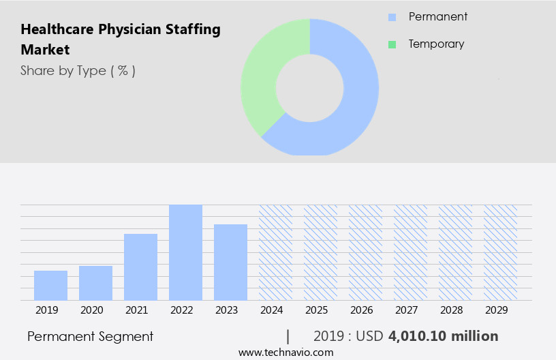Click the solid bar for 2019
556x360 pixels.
coord(50,286)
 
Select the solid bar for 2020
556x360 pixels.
coord(95,283)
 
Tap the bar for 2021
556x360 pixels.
coord(140,267)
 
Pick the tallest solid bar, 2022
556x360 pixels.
coord(185,252)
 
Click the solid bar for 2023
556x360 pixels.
coord(230,262)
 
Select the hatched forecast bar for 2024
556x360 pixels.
coord(275,252)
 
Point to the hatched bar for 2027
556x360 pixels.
coord(410,252)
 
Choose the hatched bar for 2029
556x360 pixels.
coord(500,252)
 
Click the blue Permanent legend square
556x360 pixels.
coord(392,17)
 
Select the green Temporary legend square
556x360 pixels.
coord(392,44)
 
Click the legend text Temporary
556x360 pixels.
coord(436,44)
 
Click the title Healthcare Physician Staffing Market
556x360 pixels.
coord(121,40)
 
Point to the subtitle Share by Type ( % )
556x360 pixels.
coord(78,71)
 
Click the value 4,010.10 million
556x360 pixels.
coord(443,336)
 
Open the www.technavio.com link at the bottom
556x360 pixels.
coord(285,352)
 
